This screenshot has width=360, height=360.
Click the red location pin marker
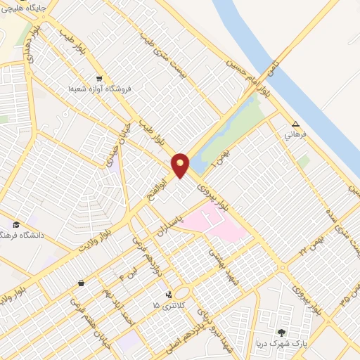[181, 165]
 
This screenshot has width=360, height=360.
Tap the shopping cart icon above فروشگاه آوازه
[99, 79]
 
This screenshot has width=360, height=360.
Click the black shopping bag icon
[82, 283]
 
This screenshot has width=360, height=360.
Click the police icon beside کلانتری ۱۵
[168, 295]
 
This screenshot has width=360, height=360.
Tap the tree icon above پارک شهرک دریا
[282, 332]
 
